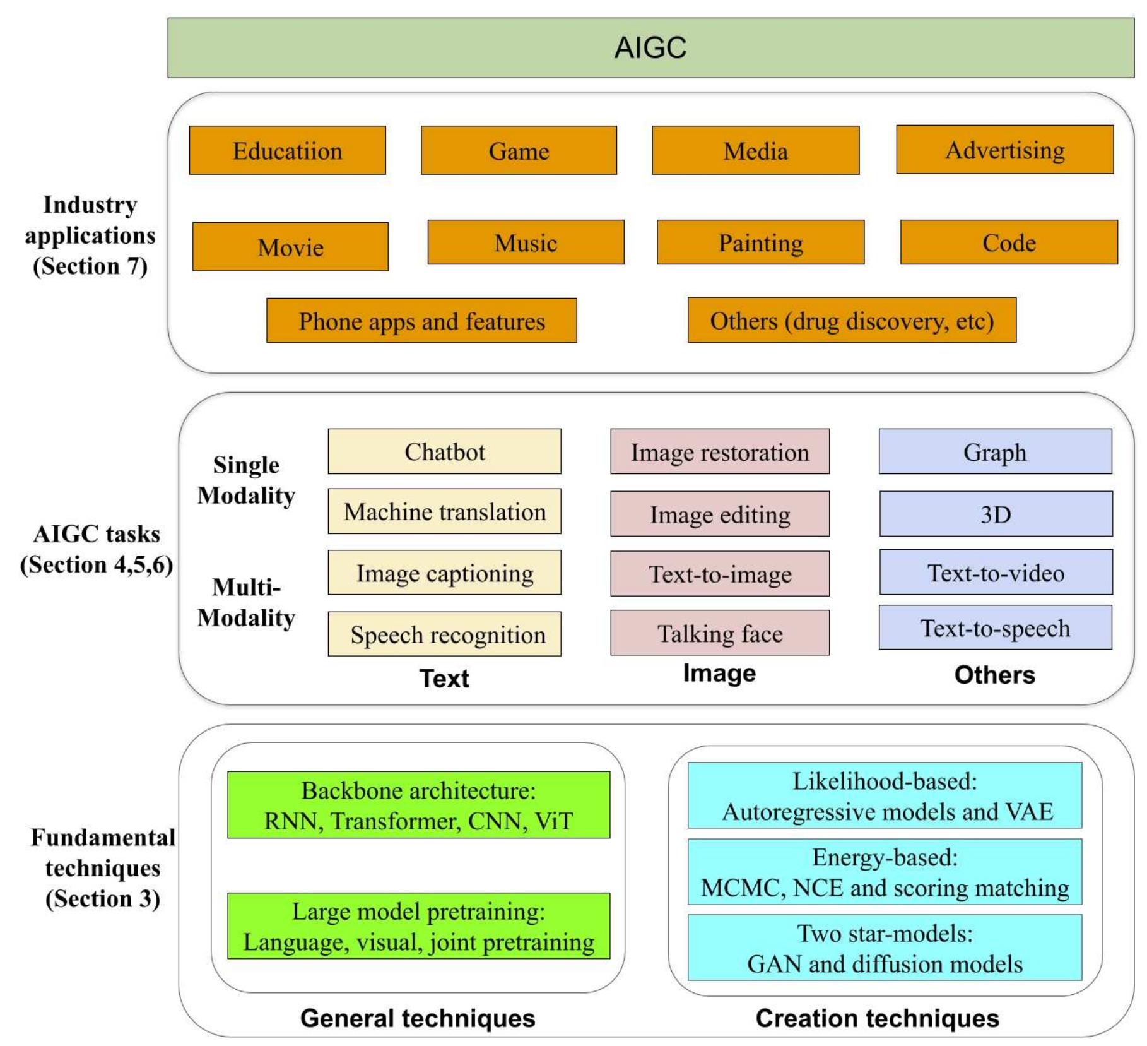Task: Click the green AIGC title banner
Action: click(650, 48)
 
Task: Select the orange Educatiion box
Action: click(287, 150)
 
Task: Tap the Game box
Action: click(519, 150)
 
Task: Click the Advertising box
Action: click(1004, 150)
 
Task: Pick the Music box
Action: click(526, 242)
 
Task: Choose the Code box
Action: click(1008, 242)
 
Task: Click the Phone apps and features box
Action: click(421, 321)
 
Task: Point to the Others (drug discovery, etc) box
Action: click(852, 321)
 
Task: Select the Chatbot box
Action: click(444, 451)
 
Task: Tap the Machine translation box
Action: click(444, 511)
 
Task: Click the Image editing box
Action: click(719, 514)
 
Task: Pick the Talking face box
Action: click(719, 633)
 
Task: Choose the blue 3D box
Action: click(996, 514)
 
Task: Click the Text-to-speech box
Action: click(995, 627)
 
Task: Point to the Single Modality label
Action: click(246, 480)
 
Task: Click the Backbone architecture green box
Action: click(418, 805)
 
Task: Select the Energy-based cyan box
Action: click(885, 872)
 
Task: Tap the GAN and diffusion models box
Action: click(885, 948)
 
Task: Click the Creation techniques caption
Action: click(877, 1018)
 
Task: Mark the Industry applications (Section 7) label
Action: click(90, 235)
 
